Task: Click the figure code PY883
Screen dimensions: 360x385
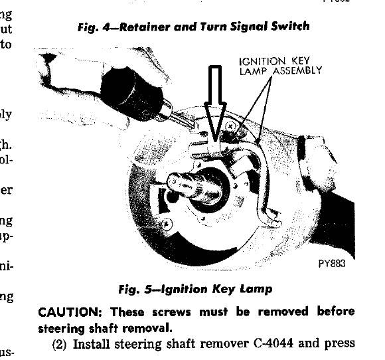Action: pos(332,262)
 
